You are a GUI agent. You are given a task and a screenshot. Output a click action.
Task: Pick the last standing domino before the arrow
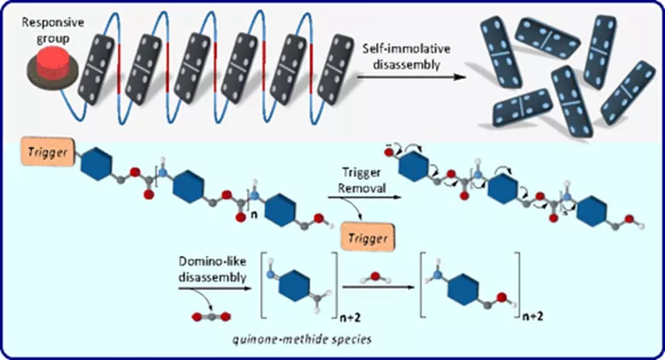pyautogui.click(x=336, y=66)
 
